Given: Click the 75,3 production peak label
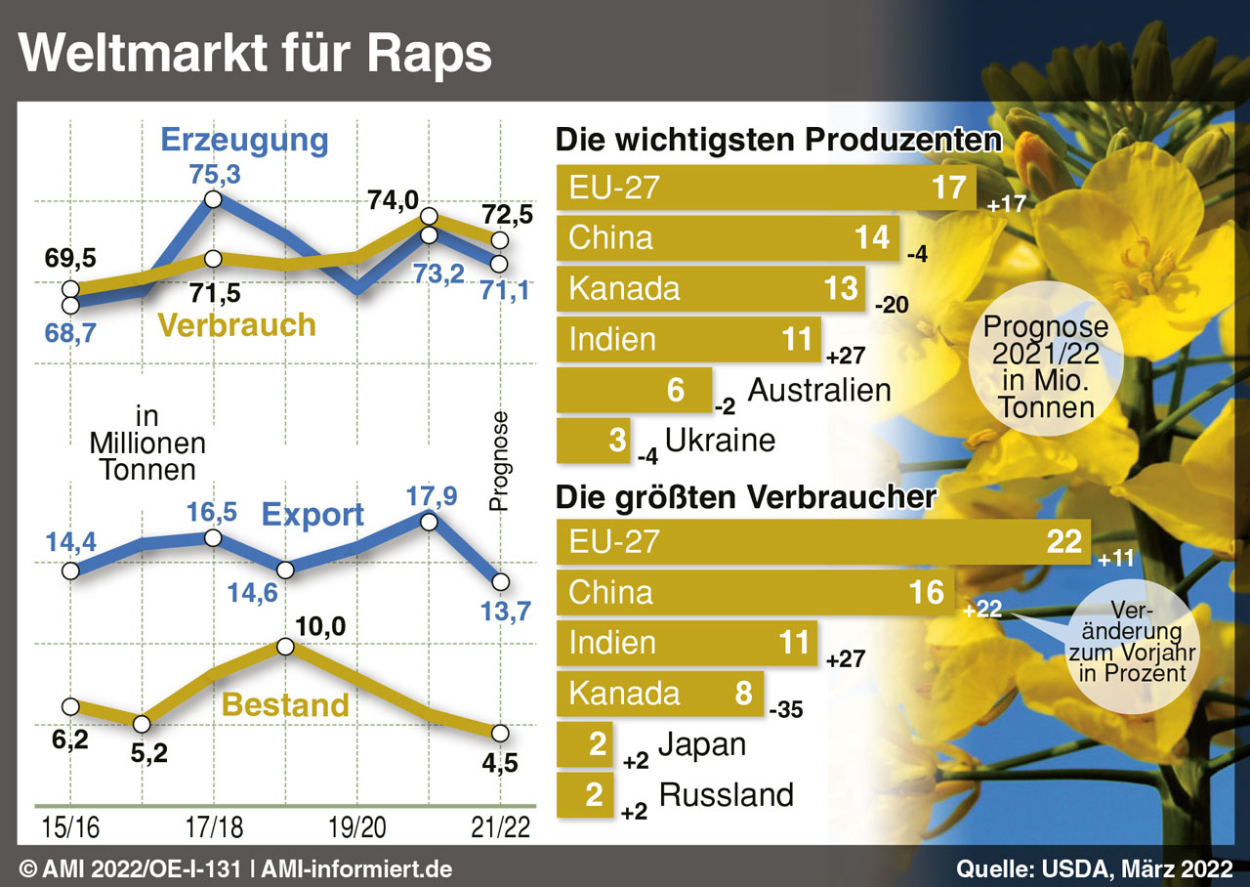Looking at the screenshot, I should tap(213, 175).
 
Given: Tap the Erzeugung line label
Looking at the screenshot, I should tap(244, 140).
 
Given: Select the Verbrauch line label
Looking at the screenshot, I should tap(237, 324).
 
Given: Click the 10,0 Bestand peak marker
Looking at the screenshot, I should tap(285, 647).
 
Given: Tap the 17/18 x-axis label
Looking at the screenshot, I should tap(213, 826).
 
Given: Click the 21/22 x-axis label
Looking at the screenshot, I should tap(500, 826).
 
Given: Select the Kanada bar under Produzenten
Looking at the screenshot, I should tap(711, 288).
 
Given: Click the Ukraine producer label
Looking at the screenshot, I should tap(720, 440).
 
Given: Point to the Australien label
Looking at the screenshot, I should tap(819, 390).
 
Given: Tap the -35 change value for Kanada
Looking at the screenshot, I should tap(786, 710).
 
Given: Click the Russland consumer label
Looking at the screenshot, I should tap(727, 794).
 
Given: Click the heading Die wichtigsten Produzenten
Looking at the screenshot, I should tap(778, 140).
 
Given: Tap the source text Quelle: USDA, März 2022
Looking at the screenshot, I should tap(1095, 868).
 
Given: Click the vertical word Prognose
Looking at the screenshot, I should tap(500, 461).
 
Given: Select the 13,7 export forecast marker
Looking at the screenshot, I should tap(500, 581).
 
